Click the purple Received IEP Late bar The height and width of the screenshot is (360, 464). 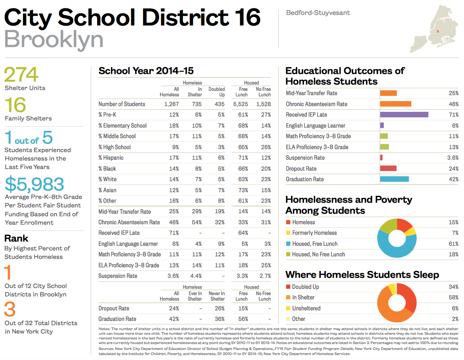(x=404, y=114)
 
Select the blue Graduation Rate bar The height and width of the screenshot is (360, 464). (x=394, y=179)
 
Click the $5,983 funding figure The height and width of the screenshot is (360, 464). (x=35, y=184)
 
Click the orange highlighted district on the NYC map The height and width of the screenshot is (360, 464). (x=437, y=32)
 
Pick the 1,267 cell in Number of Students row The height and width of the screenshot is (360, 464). (x=170, y=104)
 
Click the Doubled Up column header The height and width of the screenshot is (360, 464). (x=217, y=92)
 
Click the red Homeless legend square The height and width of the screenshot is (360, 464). (x=288, y=222)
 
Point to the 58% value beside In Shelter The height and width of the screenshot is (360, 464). (x=453, y=297)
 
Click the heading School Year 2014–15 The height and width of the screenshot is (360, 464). (x=146, y=71)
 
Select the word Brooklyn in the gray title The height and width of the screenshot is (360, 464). (x=54, y=39)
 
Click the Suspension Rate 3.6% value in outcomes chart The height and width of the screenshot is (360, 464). (x=452, y=157)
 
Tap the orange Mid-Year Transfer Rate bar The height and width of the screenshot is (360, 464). (x=388, y=93)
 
